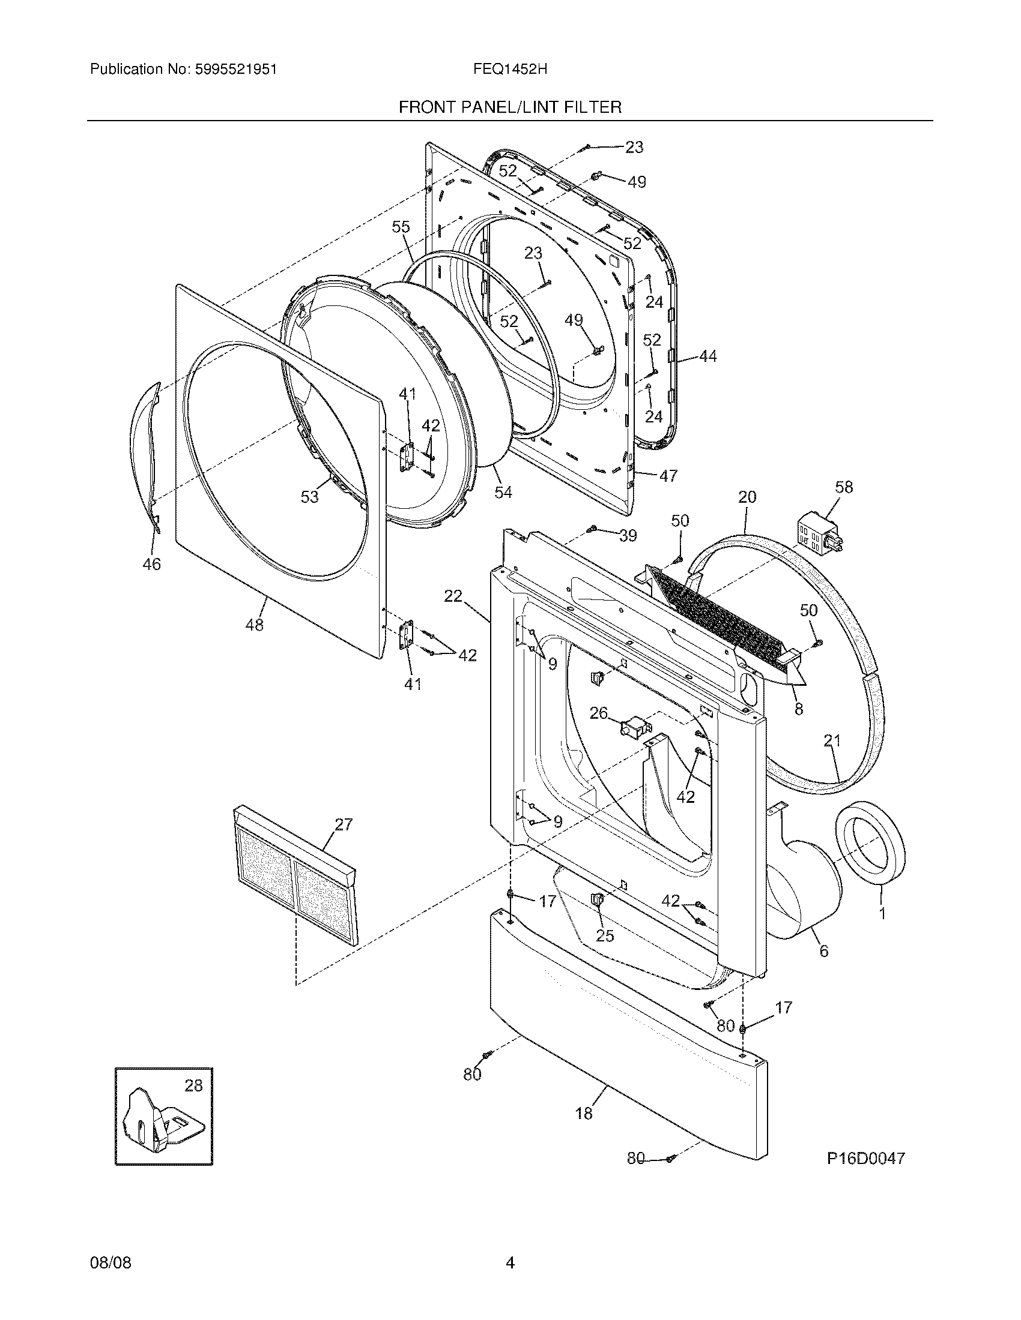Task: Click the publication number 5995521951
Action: point(236,69)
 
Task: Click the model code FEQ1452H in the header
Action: point(510,69)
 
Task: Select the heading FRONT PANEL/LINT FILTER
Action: point(510,107)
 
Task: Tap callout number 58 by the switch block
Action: point(844,487)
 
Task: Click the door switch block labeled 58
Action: point(818,531)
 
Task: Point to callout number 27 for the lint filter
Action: point(344,824)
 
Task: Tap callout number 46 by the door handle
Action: point(151,564)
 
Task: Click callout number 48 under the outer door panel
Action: point(254,625)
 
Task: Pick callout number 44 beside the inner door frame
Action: point(707,356)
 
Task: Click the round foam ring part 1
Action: point(870,851)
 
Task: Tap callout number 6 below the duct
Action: point(823,951)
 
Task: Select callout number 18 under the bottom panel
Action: point(584,1113)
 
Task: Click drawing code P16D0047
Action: point(866,1158)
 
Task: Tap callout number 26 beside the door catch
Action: point(598,713)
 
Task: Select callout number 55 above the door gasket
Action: point(401,227)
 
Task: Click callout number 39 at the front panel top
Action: point(628,535)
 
